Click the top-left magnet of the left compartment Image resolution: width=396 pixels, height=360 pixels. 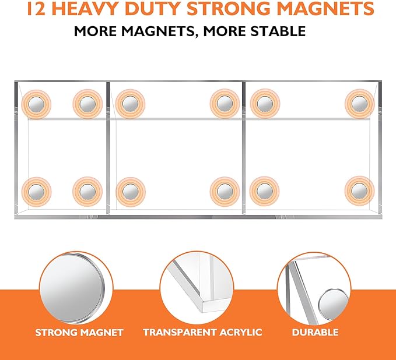point(36,104)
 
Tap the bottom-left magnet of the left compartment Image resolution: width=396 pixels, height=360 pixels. point(36,191)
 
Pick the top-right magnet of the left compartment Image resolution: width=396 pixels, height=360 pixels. point(87,104)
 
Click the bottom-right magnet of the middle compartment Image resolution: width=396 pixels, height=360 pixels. point(225,191)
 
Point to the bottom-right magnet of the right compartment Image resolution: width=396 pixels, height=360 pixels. point(359,191)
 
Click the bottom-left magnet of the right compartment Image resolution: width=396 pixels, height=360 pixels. point(265,191)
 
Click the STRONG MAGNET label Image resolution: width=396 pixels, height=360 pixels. point(79,333)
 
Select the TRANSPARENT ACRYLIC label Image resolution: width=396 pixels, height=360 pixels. point(202,333)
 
